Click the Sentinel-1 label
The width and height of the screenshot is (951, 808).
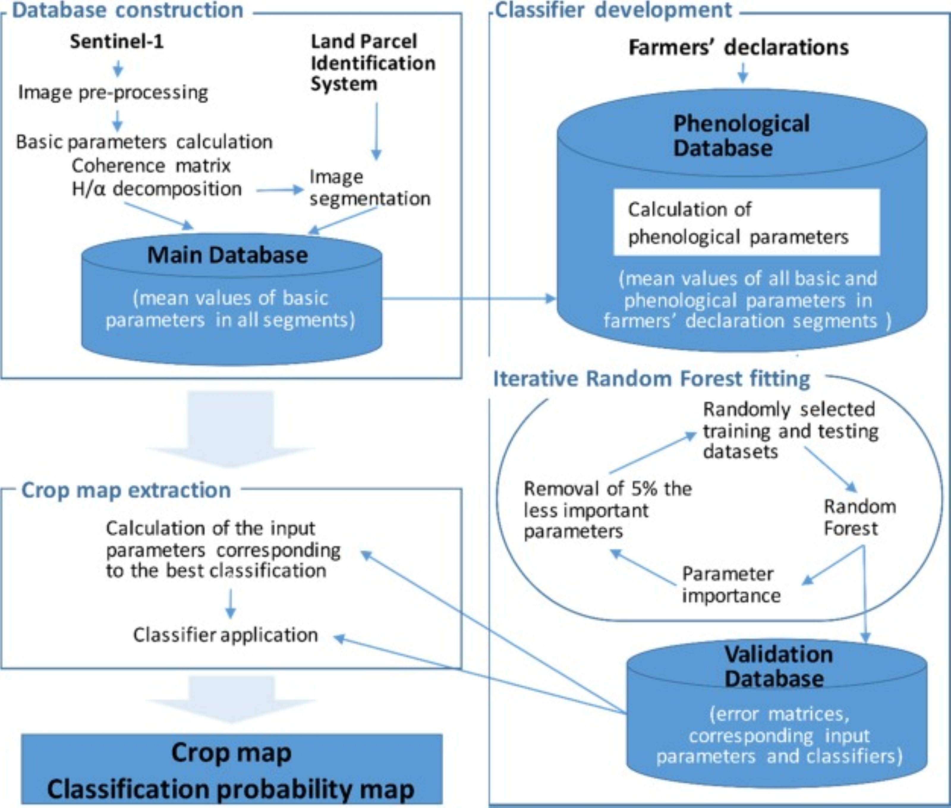(116, 42)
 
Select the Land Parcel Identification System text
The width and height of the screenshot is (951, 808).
(372, 63)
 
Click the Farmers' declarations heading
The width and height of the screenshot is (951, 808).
(739, 47)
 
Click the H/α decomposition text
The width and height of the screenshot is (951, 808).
(156, 189)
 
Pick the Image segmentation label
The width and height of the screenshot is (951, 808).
(369, 188)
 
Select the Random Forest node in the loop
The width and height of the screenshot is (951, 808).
(859, 518)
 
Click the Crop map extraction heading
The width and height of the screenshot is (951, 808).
(126, 490)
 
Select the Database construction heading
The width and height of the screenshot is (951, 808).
(127, 10)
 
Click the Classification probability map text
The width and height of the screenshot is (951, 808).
(231, 789)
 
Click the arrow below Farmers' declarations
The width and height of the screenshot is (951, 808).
(743, 73)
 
